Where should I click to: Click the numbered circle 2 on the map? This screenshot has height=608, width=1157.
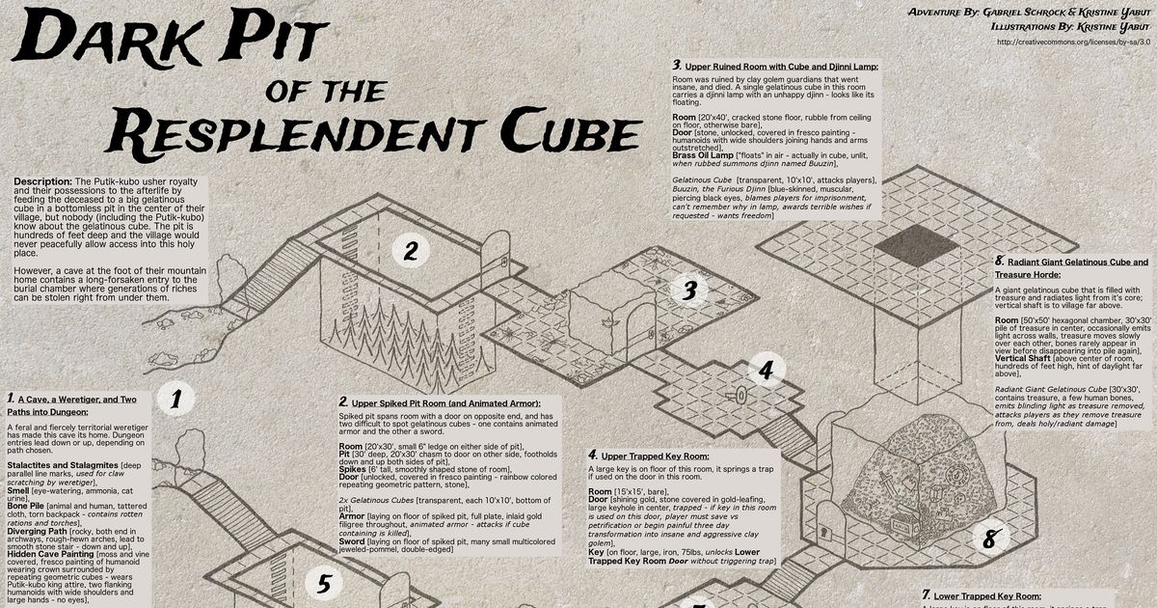tap(411, 252)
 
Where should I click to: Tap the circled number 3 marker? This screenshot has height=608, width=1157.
tap(688, 290)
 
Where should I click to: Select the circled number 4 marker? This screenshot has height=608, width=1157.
tap(766, 370)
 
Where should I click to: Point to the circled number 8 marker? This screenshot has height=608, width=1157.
tap(988, 539)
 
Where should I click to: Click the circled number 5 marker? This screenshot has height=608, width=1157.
tap(324, 583)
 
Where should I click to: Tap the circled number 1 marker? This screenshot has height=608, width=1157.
tap(175, 400)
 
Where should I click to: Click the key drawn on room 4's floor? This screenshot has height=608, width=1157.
tap(740, 396)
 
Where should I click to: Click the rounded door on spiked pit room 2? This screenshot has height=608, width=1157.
tap(495, 254)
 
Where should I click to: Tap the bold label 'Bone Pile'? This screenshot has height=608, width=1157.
tap(29, 506)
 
